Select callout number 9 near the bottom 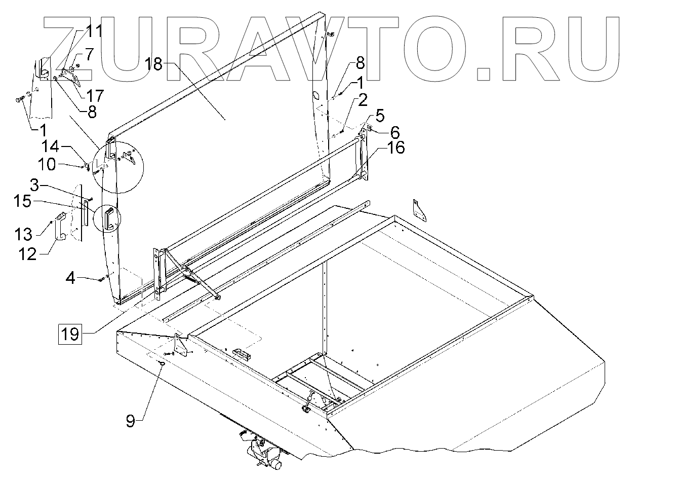pyautogui.click(x=130, y=421)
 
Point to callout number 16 pyautogui.click(x=397, y=149)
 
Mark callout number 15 pyautogui.click(x=23, y=201)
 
